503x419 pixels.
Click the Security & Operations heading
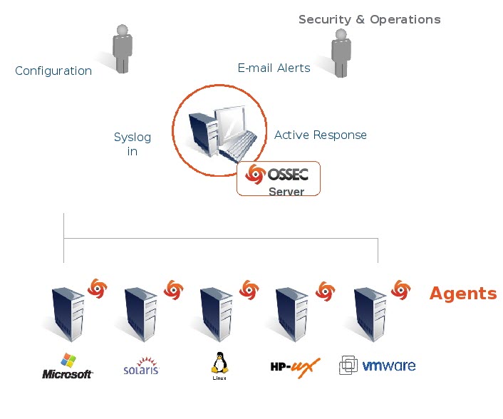(x=369, y=19)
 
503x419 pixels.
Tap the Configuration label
(x=53, y=71)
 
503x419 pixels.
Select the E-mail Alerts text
(x=274, y=68)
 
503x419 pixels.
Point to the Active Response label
(x=321, y=135)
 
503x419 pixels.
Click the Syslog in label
(x=133, y=144)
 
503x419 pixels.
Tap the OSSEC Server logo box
(x=279, y=178)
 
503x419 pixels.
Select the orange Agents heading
(x=463, y=294)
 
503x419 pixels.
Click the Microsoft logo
(x=68, y=366)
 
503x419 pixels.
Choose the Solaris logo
(x=141, y=366)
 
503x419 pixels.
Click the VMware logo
(x=378, y=366)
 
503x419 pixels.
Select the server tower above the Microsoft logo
(x=68, y=314)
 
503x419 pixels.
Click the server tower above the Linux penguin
(x=217, y=314)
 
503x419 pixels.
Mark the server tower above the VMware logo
(x=370, y=314)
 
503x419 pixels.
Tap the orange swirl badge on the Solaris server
(x=173, y=289)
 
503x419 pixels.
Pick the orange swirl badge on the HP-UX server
(x=325, y=289)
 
